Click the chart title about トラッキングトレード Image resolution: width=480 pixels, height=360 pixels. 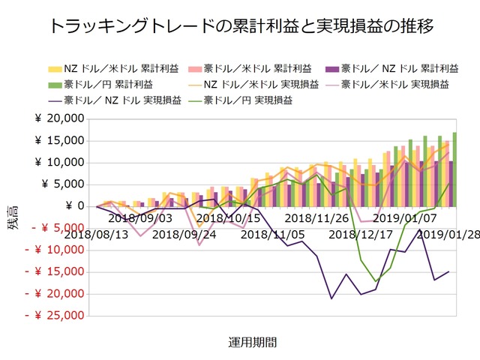(240, 27)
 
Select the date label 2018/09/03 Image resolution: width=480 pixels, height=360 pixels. (140, 218)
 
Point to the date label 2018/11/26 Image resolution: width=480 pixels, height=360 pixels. (316, 218)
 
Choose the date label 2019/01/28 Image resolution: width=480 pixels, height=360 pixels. (448, 234)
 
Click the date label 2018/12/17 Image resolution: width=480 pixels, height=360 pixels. (360, 234)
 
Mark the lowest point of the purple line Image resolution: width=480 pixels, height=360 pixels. (331, 298)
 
